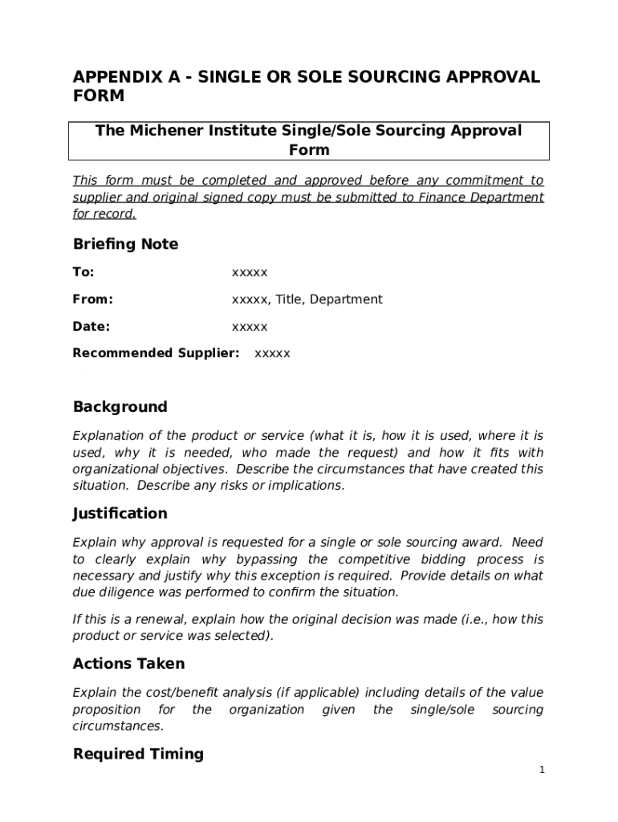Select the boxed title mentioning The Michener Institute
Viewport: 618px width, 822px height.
click(x=309, y=140)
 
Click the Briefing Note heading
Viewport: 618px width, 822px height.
click(x=125, y=244)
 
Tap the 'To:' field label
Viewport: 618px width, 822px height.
click(x=83, y=272)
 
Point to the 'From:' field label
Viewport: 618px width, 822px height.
click(x=92, y=299)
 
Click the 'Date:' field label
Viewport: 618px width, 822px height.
click(x=91, y=327)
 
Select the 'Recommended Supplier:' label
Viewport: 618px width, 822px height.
click(x=156, y=353)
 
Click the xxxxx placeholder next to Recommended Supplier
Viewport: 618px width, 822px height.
click(x=272, y=353)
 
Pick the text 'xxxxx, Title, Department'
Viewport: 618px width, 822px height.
click(x=307, y=299)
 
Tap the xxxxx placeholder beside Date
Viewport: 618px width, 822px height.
click(x=250, y=327)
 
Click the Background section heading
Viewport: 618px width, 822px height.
click(x=120, y=407)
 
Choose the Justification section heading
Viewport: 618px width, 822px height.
click(x=120, y=514)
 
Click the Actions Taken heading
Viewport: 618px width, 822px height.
click(x=128, y=664)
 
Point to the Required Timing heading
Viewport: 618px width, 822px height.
click(x=138, y=755)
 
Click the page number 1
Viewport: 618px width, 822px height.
click(x=542, y=771)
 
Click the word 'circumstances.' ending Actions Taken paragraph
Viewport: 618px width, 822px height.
click(x=118, y=726)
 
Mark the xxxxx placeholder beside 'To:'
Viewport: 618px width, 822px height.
click(x=250, y=272)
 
